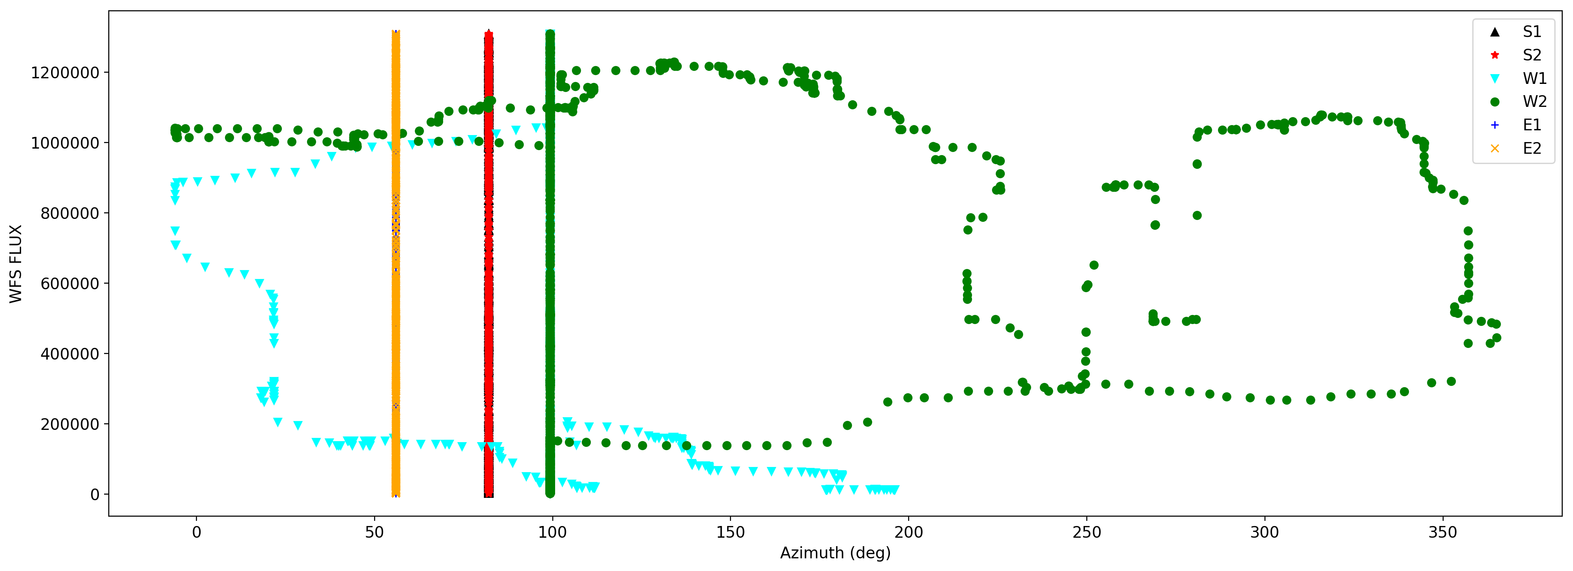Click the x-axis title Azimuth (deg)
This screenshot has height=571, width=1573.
click(x=835, y=553)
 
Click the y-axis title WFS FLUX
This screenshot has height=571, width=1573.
click(x=16, y=264)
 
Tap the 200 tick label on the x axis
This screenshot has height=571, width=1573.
click(x=908, y=533)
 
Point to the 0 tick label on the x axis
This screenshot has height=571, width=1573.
click(x=196, y=533)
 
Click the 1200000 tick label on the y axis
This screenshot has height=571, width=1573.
click(x=65, y=73)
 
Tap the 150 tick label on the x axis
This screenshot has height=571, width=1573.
click(x=730, y=533)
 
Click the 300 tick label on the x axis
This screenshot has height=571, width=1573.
click(x=1264, y=533)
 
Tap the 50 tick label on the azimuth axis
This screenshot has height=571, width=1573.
click(x=374, y=533)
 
